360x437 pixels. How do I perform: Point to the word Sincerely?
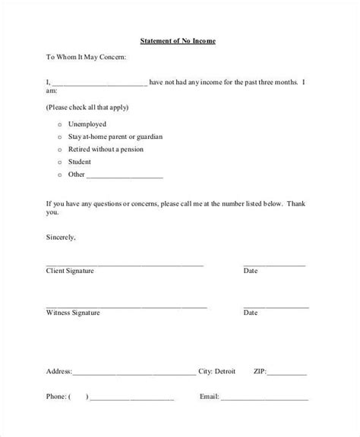point(62,237)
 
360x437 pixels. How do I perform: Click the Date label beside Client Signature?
point(251,271)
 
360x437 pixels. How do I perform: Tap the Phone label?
point(57,397)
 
